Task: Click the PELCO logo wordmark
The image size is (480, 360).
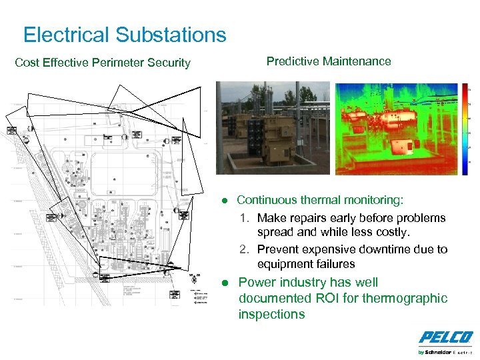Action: pyautogui.click(x=445, y=338)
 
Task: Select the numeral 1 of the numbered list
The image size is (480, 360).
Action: pyautogui.click(x=244, y=218)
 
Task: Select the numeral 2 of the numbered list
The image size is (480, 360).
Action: pyautogui.click(x=244, y=249)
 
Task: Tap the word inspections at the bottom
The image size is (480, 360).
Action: pyautogui.click(x=271, y=314)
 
